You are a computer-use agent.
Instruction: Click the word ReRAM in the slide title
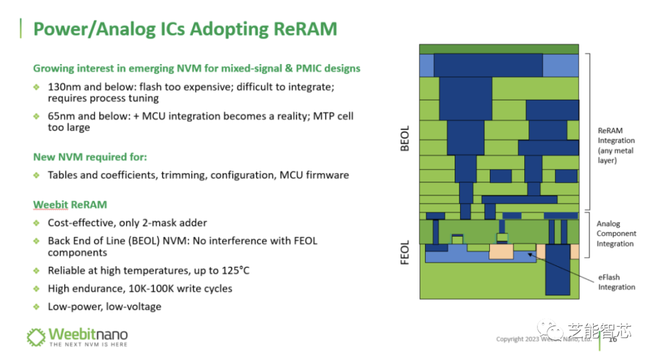(x=305, y=29)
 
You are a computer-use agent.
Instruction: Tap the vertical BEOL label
(x=406, y=138)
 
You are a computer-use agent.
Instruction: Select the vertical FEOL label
(x=406, y=252)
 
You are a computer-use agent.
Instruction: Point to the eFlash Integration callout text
(x=616, y=282)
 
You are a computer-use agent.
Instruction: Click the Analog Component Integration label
(x=616, y=234)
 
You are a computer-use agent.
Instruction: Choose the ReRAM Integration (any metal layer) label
(x=616, y=145)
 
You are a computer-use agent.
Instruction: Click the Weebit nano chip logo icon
(x=36, y=337)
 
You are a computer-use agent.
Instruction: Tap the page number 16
(x=612, y=339)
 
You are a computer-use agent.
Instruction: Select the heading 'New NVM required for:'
(x=90, y=157)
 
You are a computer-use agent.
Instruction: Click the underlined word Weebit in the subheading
(x=50, y=205)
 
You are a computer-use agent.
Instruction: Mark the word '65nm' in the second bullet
(x=61, y=116)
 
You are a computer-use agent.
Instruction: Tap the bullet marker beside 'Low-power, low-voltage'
(x=37, y=307)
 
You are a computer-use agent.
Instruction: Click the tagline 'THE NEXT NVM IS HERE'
(x=88, y=344)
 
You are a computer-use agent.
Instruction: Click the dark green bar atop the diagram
(x=499, y=48)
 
